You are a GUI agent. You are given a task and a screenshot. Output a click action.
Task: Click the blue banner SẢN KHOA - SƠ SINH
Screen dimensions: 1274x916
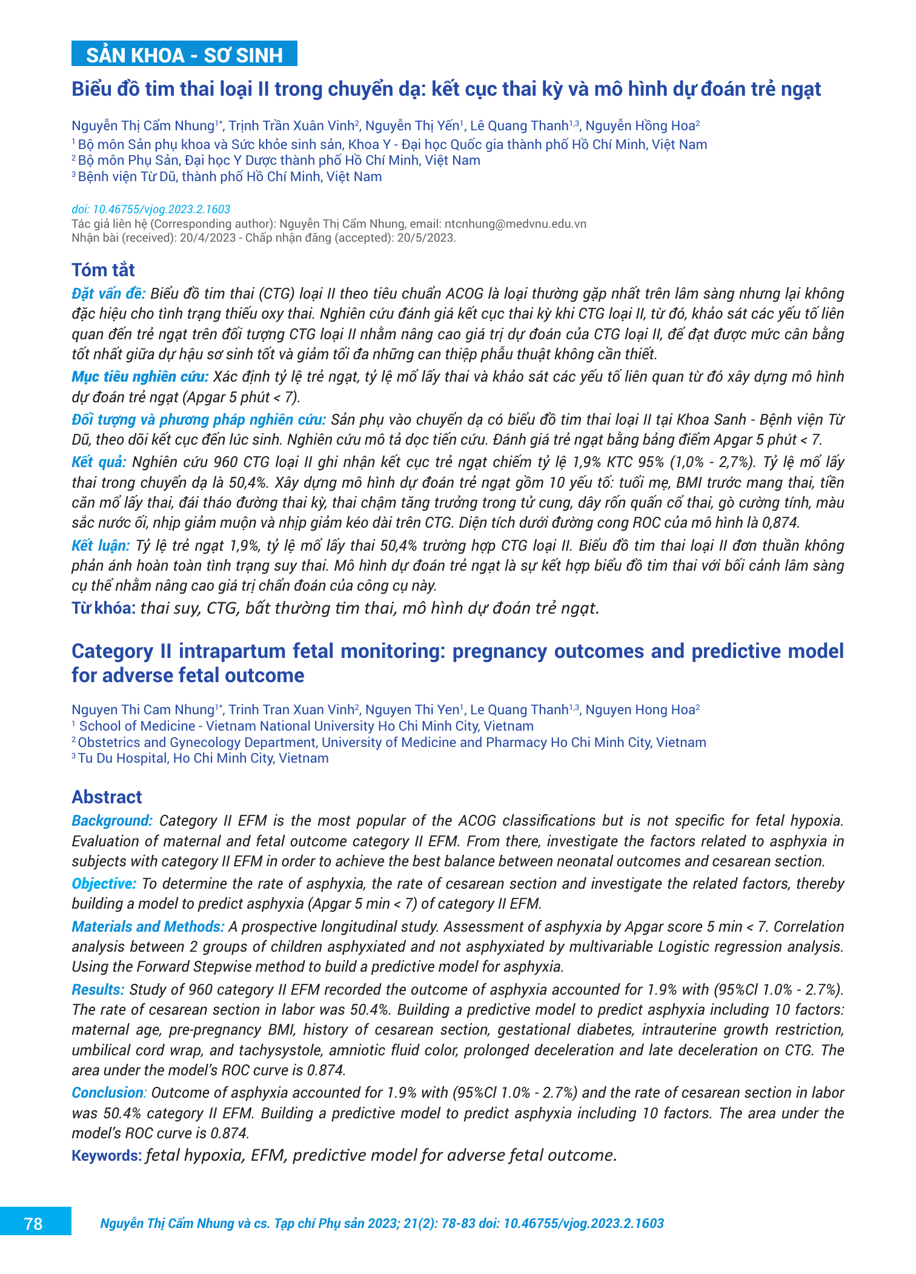(184, 55)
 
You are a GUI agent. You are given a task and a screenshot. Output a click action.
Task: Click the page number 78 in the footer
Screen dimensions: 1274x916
(33, 1224)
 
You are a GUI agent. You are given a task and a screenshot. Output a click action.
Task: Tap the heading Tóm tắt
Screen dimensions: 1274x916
(103, 270)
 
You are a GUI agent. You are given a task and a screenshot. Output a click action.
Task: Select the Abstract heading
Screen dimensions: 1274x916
(107, 797)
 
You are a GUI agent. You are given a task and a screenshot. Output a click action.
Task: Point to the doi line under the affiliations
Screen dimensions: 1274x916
(151, 210)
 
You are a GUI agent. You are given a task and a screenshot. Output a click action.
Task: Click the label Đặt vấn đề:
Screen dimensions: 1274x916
(108, 294)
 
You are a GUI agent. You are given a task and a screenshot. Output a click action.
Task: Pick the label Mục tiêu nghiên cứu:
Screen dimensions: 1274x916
(140, 377)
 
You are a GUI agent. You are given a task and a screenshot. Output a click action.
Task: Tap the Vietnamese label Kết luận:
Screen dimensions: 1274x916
(101, 546)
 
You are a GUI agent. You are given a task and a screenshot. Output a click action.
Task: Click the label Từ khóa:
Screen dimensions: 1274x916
(104, 608)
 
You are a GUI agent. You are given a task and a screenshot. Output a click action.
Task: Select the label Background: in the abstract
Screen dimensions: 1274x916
(112, 821)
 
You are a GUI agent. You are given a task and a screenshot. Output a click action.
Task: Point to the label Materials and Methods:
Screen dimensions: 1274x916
(148, 927)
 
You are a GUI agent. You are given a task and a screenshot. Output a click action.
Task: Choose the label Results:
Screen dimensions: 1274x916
(98, 990)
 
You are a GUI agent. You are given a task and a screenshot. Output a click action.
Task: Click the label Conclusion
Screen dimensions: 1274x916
(108, 1093)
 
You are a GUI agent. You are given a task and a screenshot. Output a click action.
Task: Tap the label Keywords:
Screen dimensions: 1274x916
(107, 1156)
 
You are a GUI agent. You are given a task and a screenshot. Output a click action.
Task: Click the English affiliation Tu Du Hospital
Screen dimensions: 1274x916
(124, 758)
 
